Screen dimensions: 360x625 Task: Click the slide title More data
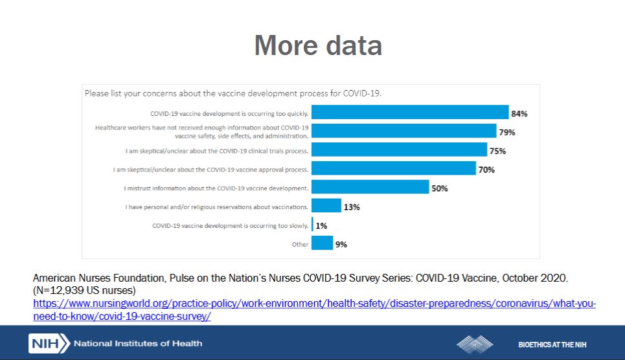tap(317, 45)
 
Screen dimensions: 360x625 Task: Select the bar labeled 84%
tap(410, 113)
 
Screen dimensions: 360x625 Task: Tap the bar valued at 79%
tap(403, 131)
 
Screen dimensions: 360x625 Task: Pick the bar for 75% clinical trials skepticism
tap(399, 150)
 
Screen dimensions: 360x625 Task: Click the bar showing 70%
tap(394, 169)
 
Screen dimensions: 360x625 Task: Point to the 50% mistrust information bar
tap(370, 188)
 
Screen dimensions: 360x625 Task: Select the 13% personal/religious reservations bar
tap(326, 207)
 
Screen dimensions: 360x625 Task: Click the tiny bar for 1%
tap(313, 225)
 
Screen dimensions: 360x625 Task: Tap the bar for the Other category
tap(322, 243)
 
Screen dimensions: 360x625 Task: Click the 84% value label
tap(519, 113)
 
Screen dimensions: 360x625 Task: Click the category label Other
tap(300, 244)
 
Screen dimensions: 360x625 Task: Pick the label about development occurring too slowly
tap(230, 226)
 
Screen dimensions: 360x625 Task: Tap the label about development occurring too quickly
tap(229, 113)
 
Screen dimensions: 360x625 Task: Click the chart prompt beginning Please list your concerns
tap(233, 93)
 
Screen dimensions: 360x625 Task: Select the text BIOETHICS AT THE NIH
tap(552, 344)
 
